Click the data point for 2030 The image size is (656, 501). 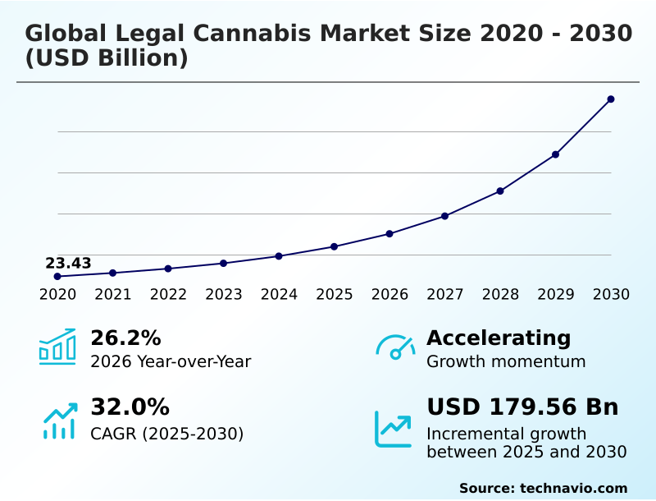[x=611, y=99]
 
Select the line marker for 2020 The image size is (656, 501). [x=57, y=277]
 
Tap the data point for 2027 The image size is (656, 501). [x=444, y=216]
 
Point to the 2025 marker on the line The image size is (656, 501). [x=334, y=246]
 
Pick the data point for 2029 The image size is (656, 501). [x=555, y=154]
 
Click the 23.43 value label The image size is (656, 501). [x=68, y=264]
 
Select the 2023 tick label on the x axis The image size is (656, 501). [x=223, y=295]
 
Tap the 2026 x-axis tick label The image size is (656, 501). [x=389, y=295]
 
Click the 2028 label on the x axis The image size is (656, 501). [x=500, y=295]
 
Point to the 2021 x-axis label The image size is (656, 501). [x=112, y=295]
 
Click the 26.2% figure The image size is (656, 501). [x=125, y=338]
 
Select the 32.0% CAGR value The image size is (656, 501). [x=130, y=407]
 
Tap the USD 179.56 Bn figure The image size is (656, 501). [x=522, y=407]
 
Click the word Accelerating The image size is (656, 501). [x=499, y=338]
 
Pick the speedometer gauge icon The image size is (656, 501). [x=395, y=347]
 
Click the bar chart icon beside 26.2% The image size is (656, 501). [x=57, y=347]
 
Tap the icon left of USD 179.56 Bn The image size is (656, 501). [x=394, y=429]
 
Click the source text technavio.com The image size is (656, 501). [x=573, y=488]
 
